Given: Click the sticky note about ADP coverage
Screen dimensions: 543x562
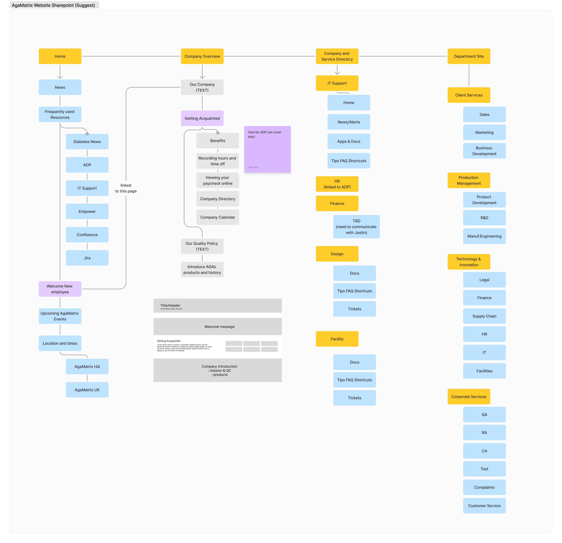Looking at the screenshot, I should (267, 149).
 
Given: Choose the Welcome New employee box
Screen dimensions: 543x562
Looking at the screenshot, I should (60, 289).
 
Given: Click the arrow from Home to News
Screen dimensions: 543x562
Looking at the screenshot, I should (60, 72).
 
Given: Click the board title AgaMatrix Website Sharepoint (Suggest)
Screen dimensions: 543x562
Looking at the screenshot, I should (54, 5).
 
